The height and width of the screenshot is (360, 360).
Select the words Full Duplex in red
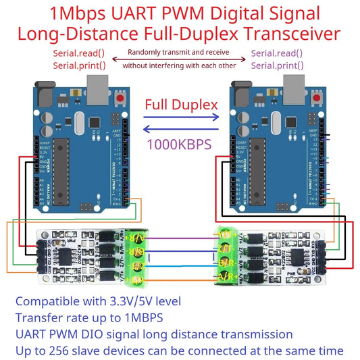[x=181, y=105]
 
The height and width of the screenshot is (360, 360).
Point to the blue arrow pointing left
[x=181, y=131]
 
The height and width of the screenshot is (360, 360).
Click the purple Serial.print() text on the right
[x=277, y=66]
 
